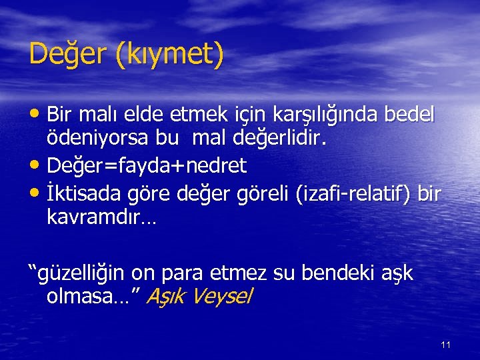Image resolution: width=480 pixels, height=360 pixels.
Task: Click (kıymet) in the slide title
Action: click(169, 55)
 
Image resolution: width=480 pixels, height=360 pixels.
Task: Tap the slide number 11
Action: click(446, 345)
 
